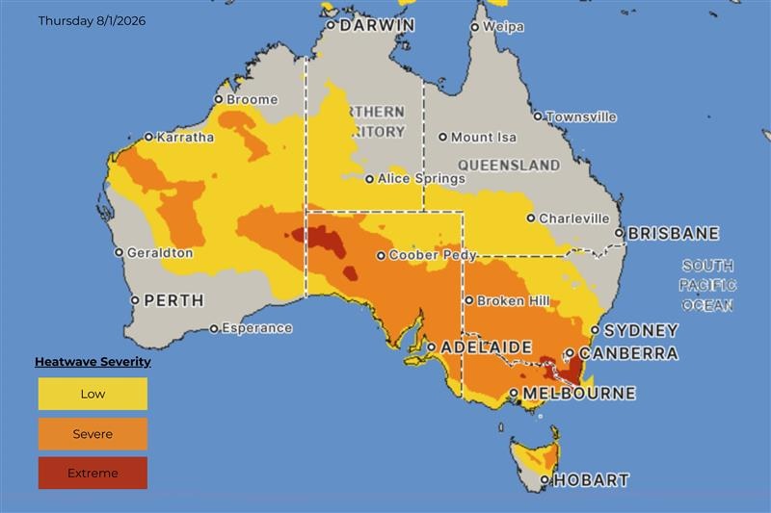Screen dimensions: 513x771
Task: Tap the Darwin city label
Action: (x=377, y=25)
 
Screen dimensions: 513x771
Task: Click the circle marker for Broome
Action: (x=219, y=99)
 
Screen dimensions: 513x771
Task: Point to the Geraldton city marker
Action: (x=119, y=253)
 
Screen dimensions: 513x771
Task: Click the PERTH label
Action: (x=173, y=300)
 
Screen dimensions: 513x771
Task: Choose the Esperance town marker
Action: (x=214, y=328)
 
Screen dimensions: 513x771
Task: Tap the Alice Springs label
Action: (x=422, y=179)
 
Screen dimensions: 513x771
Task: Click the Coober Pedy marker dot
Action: (x=381, y=256)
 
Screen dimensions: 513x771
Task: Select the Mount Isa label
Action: (x=484, y=138)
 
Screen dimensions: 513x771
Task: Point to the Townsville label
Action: (x=581, y=116)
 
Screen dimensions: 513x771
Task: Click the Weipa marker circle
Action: (x=474, y=27)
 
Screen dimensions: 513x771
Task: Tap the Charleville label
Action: (x=574, y=218)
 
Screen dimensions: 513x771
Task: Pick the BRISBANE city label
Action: (x=674, y=234)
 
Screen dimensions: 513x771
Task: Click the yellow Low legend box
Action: (x=93, y=394)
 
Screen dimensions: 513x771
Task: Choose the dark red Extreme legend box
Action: (x=93, y=473)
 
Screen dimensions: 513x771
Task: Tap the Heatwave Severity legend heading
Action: (x=93, y=362)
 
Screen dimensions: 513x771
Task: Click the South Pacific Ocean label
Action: (x=707, y=285)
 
